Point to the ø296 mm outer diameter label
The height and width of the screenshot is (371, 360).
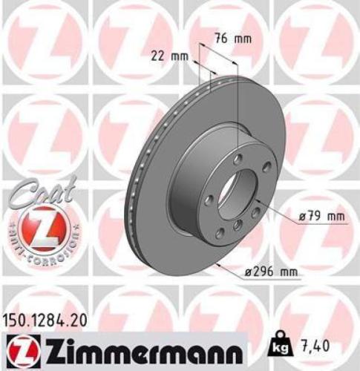click(272, 274)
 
